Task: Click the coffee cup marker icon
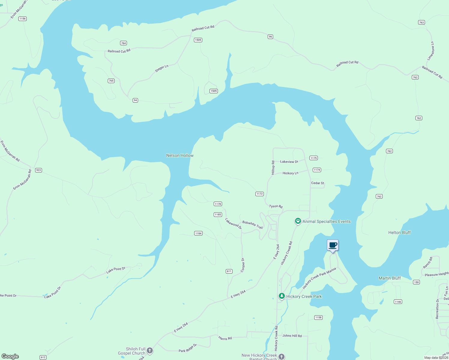pyautogui.click(x=333, y=245)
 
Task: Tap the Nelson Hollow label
pyautogui.click(x=180, y=155)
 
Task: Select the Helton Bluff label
pyautogui.click(x=399, y=232)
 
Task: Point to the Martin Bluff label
pyautogui.click(x=390, y=278)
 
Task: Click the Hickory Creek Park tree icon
pyautogui.click(x=282, y=296)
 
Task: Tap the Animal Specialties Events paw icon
pyautogui.click(x=298, y=221)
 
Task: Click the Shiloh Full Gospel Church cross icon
pyautogui.click(x=149, y=350)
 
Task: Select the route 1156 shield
pyautogui.click(x=22, y=19)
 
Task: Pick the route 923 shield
pyautogui.click(x=38, y=170)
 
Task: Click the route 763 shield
pyautogui.click(x=421, y=22)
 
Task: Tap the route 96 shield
pyautogui.click(x=270, y=37)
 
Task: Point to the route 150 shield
pyautogui.click(x=416, y=282)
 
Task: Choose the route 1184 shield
pyautogui.click(x=198, y=233)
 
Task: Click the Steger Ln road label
pyautogui.click(x=161, y=69)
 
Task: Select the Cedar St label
pyautogui.click(x=318, y=183)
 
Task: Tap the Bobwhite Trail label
pyautogui.click(x=252, y=225)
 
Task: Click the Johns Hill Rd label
pyautogui.click(x=292, y=336)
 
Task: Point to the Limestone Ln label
pyautogui.click(x=431, y=51)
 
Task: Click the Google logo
pyautogui.click(x=10, y=356)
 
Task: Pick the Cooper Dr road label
pyautogui.click(x=243, y=265)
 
